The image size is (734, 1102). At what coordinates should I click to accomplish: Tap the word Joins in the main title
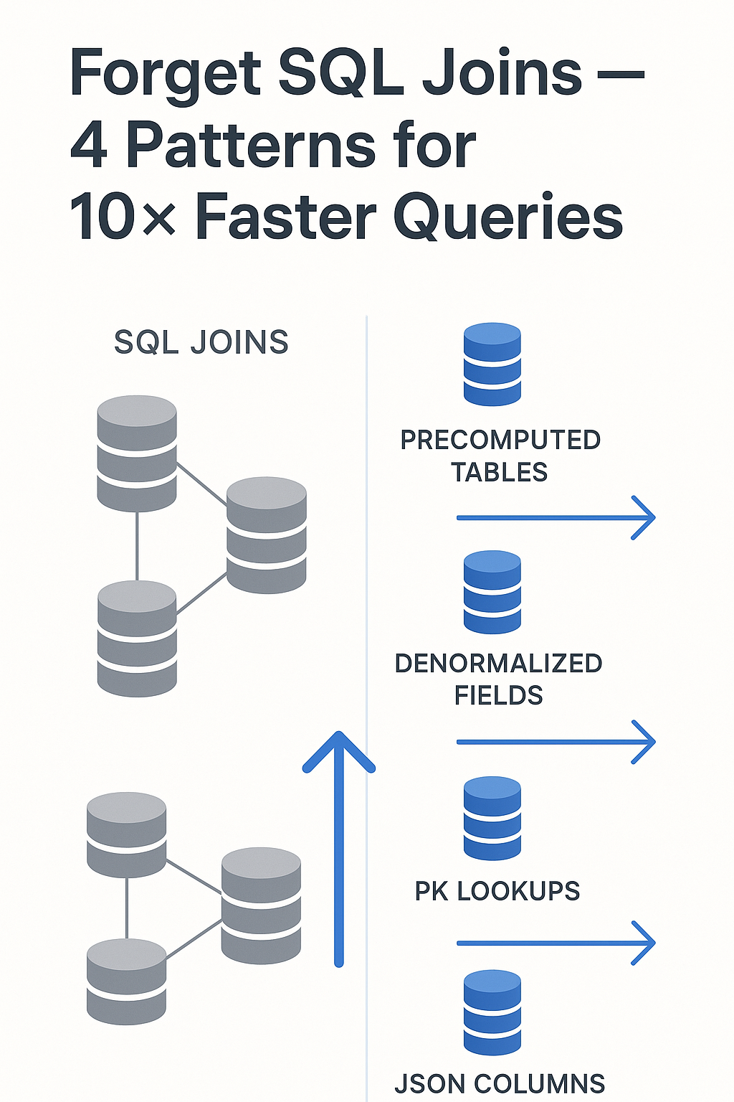[x=502, y=73]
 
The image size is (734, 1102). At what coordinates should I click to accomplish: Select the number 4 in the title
[x=89, y=146]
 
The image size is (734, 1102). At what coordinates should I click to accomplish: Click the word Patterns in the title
[x=250, y=146]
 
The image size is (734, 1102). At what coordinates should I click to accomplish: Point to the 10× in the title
[x=123, y=217]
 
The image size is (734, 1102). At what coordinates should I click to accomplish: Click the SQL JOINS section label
[x=201, y=343]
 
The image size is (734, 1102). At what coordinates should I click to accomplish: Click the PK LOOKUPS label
[x=497, y=891]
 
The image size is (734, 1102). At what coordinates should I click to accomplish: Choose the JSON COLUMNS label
[x=500, y=1083]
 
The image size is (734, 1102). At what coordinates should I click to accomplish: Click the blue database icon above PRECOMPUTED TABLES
[x=492, y=364]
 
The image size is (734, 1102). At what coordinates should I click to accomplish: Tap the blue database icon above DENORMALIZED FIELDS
[x=492, y=592]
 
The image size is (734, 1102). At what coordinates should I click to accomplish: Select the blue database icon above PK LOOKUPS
[x=492, y=818]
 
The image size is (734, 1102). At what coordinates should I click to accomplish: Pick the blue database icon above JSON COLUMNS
[x=492, y=1012]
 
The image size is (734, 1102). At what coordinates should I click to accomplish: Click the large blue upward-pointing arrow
[x=339, y=847]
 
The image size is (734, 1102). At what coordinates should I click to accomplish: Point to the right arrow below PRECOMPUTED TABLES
[x=556, y=517]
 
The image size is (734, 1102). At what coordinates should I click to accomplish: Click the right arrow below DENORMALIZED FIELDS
[x=556, y=742]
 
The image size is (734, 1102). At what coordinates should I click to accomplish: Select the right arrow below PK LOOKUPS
[x=556, y=943]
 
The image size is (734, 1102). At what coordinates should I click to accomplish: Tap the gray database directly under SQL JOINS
[x=137, y=453]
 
